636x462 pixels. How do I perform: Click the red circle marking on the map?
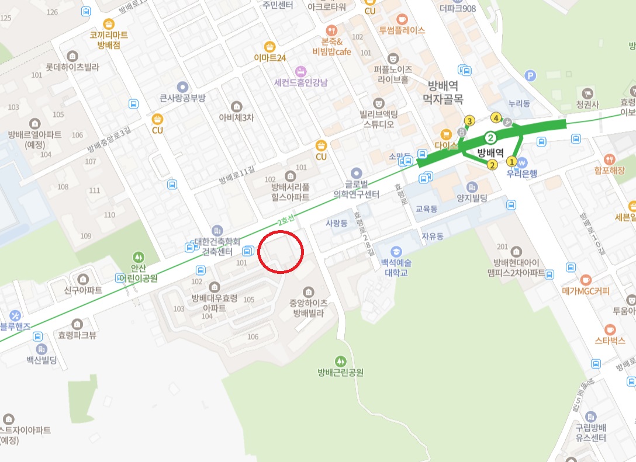click(x=281, y=252)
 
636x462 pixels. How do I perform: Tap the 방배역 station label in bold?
click(x=490, y=154)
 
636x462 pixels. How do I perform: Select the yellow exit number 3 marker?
click(x=469, y=121)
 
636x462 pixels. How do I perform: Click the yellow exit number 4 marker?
click(x=496, y=118)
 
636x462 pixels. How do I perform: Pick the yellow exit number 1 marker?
click(x=511, y=161)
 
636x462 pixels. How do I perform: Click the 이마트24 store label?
click(x=269, y=58)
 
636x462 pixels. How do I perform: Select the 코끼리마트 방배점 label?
click(x=109, y=40)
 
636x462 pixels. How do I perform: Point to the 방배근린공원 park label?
click(x=341, y=372)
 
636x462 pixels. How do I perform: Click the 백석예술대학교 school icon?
click(x=396, y=252)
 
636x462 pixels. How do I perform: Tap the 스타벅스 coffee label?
click(x=610, y=341)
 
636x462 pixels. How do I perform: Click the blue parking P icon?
click(x=530, y=75)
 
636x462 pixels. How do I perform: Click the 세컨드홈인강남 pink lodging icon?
click(x=300, y=71)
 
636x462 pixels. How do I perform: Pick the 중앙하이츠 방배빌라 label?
click(x=308, y=307)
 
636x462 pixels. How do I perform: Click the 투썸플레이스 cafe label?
click(x=402, y=30)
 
